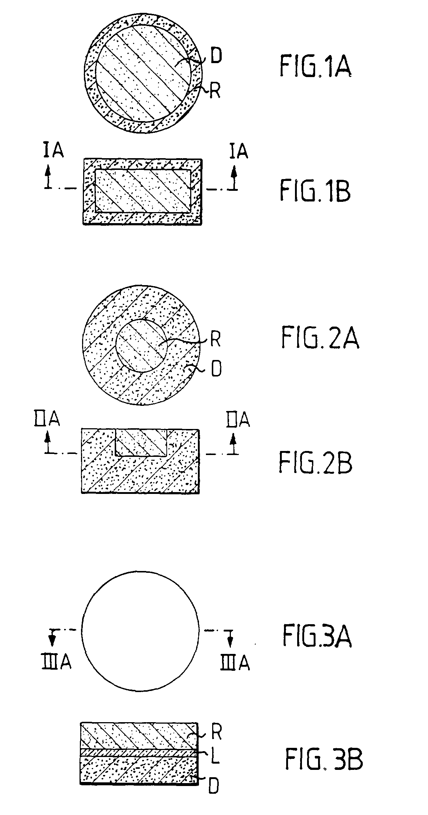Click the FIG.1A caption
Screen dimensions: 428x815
coord(315,67)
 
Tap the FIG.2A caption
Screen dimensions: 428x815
coord(320,338)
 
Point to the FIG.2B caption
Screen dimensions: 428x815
coord(316,462)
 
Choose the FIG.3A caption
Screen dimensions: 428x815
coord(317,636)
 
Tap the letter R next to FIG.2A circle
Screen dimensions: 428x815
coord(215,340)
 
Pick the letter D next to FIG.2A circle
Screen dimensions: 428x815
coord(217,369)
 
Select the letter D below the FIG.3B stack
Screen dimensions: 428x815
coord(215,785)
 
